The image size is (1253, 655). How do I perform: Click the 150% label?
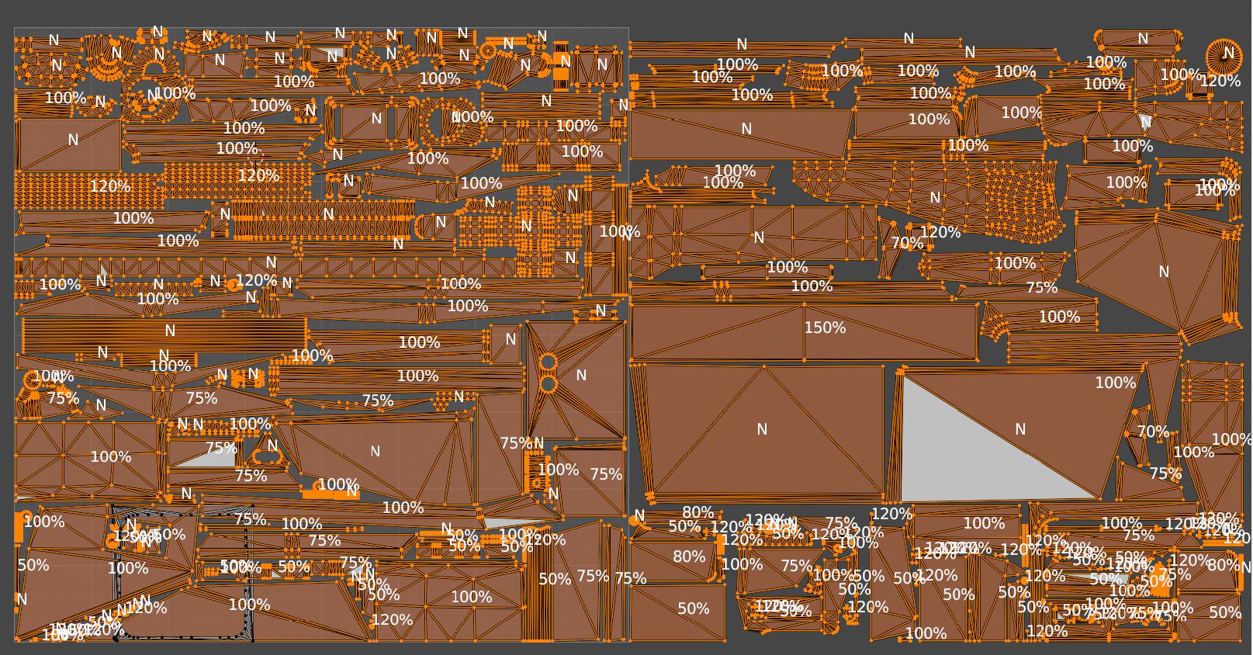[x=825, y=328]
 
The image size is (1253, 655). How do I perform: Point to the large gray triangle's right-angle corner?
[x=902, y=501]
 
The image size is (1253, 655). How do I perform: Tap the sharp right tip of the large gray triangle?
[x=1098, y=498]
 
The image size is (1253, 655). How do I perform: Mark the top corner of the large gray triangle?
[x=902, y=376]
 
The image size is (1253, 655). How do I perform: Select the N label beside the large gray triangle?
[x=1020, y=429]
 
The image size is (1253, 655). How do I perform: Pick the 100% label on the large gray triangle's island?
[x=1115, y=383]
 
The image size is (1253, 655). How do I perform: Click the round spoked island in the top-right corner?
[x=1224, y=56]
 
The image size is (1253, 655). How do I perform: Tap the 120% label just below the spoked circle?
[x=1220, y=81]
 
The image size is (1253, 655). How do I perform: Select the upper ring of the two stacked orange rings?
[x=549, y=362]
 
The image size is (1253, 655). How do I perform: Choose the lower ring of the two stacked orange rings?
[x=549, y=383]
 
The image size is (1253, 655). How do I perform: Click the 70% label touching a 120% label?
[x=907, y=243]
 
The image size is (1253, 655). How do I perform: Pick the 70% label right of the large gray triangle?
[x=1153, y=431]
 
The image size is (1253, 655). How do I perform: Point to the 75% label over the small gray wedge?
[x=221, y=448]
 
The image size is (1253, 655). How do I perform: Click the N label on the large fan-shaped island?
[x=1163, y=272]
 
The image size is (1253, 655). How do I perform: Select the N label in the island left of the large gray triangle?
[x=762, y=429]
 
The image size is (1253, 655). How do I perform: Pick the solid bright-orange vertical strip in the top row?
[x=562, y=66]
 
